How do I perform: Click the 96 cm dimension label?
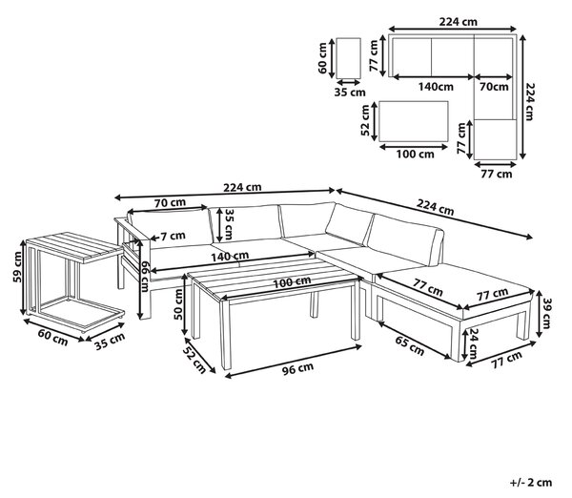(297, 368)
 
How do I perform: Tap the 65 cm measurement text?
(410, 345)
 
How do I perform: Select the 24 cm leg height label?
(474, 343)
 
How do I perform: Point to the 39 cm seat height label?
(547, 313)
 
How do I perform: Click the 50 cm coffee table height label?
(178, 304)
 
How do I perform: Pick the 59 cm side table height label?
(17, 267)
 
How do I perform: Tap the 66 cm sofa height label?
(145, 277)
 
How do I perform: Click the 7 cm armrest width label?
(173, 236)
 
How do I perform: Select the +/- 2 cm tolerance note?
(531, 483)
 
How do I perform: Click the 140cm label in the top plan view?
(436, 87)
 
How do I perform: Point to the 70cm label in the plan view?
(494, 87)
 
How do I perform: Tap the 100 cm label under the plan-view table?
(415, 154)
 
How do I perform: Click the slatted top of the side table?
(74, 247)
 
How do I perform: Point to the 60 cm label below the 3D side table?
(53, 338)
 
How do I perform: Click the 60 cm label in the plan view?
(322, 58)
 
